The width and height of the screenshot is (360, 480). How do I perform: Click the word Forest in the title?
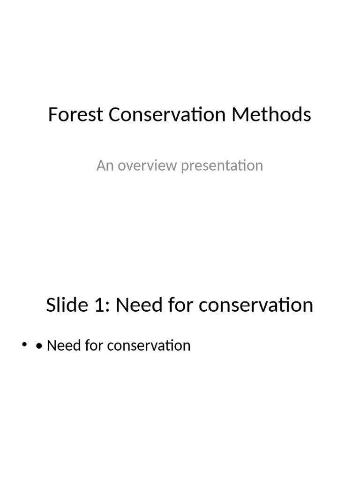pos(75,115)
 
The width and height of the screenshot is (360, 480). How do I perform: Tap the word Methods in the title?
pos(281,115)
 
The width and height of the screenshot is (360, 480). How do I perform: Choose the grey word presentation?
pos(222,166)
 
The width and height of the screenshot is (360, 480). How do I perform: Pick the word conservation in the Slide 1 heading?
pos(256,305)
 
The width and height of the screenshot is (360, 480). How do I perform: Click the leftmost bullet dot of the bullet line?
pos(24,346)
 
